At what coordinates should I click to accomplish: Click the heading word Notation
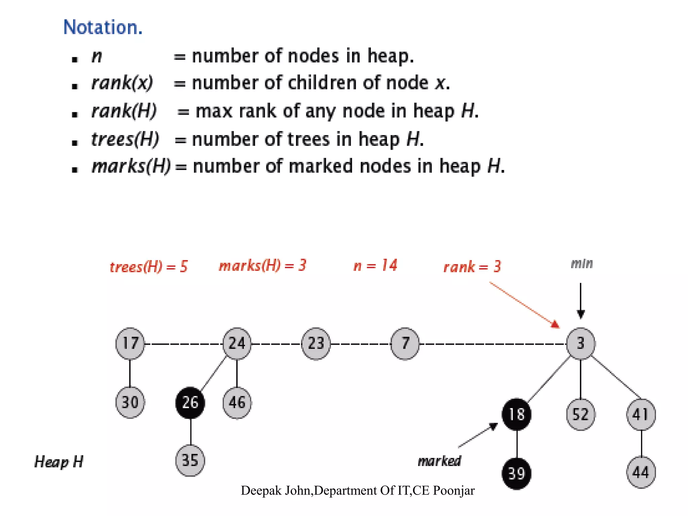(103, 27)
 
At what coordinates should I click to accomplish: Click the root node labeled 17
(130, 343)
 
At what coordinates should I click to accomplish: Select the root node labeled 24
(237, 343)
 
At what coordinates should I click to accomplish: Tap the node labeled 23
(316, 343)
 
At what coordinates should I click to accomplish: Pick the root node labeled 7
(405, 343)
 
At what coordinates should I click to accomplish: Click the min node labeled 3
(580, 343)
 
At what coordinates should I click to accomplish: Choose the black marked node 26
(190, 402)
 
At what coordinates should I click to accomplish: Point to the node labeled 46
(237, 402)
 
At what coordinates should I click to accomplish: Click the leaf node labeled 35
(190, 460)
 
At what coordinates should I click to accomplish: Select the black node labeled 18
(517, 414)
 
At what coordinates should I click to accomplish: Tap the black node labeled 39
(517, 473)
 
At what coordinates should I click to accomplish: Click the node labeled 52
(580, 414)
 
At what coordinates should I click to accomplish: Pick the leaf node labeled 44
(641, 472)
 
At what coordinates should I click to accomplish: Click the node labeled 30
(130, 402)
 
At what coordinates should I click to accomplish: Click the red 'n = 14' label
(375, 266)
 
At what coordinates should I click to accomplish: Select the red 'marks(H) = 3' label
(262, 266)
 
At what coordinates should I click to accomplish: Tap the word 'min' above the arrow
(582, 264)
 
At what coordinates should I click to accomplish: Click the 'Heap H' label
(59, 462)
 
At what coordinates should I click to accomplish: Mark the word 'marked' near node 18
(439, 461)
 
